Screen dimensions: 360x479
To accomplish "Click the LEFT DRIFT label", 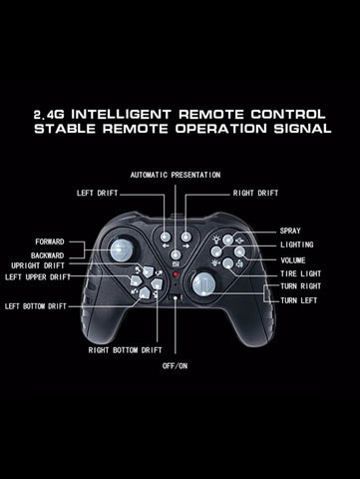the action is click(x=98, y=193).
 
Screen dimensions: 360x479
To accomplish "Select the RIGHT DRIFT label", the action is click(x=255, y=193).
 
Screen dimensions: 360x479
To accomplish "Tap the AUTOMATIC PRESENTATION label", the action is click(x=176, y=175).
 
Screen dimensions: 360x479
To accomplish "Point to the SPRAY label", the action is click(x=290, y=231).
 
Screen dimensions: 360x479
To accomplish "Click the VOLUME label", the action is click(x=293, y=260).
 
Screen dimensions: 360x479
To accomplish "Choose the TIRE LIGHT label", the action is click(x=301, y=273).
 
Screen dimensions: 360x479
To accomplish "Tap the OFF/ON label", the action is click(x=175, y=366).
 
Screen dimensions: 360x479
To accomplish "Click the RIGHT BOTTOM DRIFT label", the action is click(x=125, y=350).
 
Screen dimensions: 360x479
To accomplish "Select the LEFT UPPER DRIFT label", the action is click(x=38, y=277).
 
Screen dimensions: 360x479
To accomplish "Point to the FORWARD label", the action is click(x=50, y=241).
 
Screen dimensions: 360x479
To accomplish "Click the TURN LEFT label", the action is click(x=299, y=300).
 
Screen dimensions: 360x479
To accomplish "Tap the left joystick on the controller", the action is click(x=122, y=250).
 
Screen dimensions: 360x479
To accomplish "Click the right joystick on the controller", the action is click(x=203, y=284).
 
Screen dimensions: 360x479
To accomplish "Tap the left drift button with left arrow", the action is click(x=166, y=237).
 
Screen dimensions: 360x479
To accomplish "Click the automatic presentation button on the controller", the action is click(x=176, y=255).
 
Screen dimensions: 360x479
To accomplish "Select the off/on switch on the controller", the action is click(x=176, y=297).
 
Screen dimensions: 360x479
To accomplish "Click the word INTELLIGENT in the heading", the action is click(x=121, y=115).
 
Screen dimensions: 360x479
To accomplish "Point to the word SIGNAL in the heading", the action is click(x=302, y=129).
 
